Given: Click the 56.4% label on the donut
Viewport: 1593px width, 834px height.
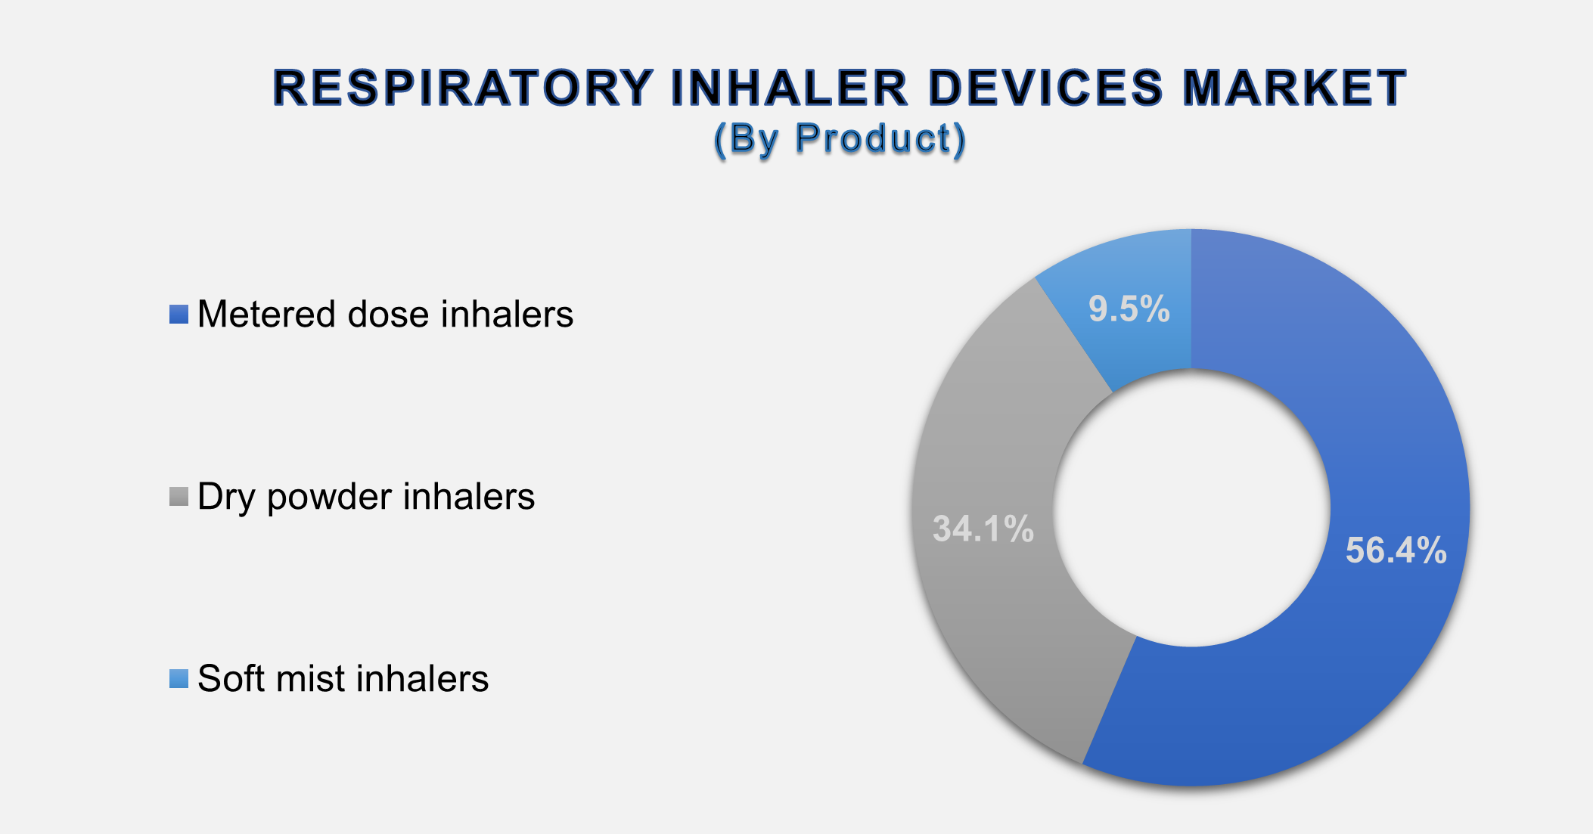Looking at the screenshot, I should pos(1396,550).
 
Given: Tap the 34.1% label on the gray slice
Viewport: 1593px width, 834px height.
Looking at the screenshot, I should pos(983,529).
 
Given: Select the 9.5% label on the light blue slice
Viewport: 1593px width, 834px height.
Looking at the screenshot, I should pos(1129,309).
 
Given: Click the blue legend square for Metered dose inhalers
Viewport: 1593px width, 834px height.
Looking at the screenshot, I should pos(179,315).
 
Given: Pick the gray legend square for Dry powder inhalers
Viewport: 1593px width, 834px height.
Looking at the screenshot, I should pos(179,497).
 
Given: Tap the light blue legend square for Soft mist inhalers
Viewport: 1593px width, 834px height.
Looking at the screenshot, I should pos(179,679).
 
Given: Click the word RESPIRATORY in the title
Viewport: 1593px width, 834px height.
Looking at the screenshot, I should pos(463,88).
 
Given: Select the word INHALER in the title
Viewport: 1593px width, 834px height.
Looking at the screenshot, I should pos(789,88).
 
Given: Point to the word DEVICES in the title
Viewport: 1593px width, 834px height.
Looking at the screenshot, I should pos(1045,88).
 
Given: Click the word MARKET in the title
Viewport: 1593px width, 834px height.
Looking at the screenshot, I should pos(1294,88).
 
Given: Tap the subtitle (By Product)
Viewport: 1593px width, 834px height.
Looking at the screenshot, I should pos(840,139).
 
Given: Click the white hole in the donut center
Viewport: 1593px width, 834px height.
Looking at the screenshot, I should pos(1191,507).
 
